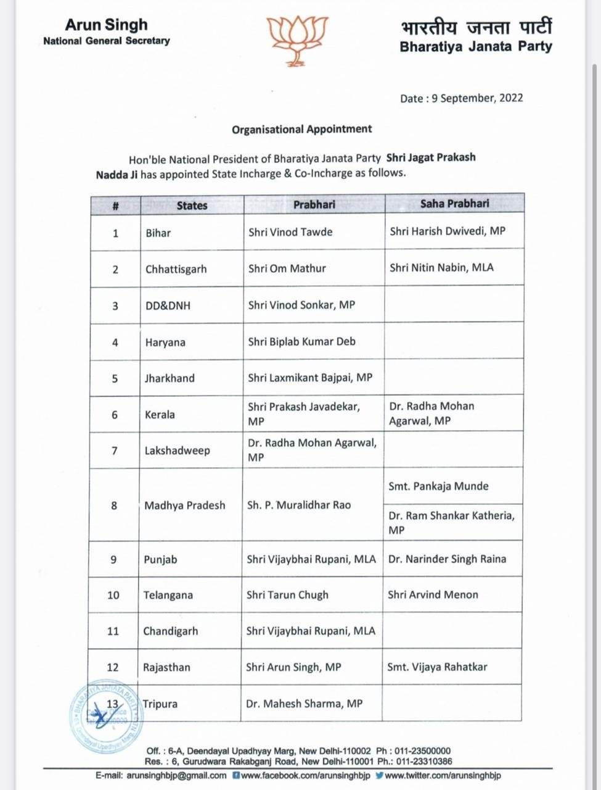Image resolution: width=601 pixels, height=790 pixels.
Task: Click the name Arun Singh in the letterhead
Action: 107,25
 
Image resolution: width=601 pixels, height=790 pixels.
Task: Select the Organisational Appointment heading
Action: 301,129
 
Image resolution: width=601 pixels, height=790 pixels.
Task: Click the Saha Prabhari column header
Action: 455,204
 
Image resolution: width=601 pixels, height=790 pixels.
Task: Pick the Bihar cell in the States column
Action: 158,233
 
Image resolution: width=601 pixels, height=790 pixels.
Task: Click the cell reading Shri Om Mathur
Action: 287,268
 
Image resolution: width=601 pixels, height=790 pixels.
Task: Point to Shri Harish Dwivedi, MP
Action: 448,231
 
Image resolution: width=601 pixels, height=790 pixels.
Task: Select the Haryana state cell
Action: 165,342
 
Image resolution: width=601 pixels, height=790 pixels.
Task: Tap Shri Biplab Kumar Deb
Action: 301,341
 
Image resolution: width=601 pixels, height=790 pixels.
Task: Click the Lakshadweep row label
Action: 177,451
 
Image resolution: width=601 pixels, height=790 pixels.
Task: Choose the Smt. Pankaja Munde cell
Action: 438,486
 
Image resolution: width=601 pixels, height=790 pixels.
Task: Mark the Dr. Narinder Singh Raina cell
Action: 447,559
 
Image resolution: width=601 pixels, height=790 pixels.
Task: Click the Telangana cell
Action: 168,595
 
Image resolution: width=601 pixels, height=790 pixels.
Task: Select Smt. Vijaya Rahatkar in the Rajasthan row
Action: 437,667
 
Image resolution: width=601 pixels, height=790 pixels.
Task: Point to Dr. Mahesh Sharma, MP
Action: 304,703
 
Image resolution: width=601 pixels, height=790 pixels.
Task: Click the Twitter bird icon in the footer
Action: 379,775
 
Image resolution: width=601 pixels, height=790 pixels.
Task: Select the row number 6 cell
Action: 115,414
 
